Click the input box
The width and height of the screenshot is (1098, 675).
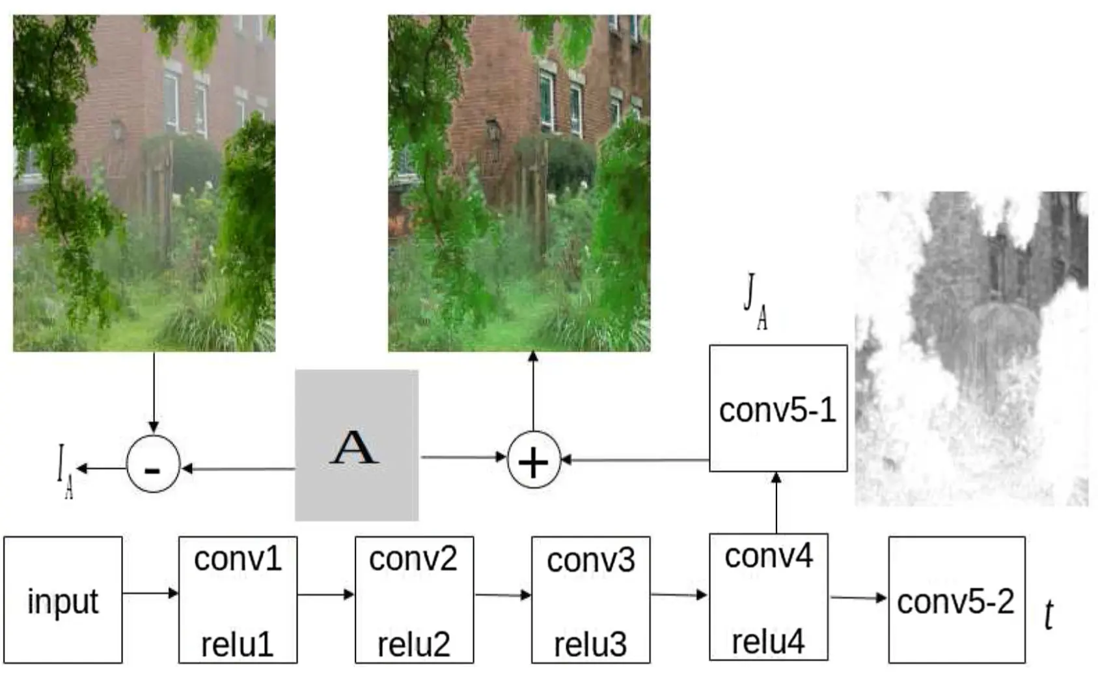coord(62,599)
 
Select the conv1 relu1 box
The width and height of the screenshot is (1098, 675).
coord(238,599)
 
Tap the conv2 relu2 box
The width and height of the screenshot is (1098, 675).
coord(414,599)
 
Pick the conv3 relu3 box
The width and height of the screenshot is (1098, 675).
coord(590,599)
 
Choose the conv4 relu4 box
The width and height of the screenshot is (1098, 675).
coord(768,597)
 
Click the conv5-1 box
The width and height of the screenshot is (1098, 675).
coord(778,408)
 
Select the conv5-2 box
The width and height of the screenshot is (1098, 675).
coord(956,599)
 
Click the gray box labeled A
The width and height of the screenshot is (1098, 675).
coord(356,445)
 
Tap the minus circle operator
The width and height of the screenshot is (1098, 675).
coord(153,464)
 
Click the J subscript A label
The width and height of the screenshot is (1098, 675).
coord(755,301)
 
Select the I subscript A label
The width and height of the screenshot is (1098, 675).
coord(64,471)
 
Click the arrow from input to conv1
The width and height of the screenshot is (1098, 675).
coord(150,593)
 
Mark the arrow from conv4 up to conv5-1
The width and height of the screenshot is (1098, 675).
coord(776,503)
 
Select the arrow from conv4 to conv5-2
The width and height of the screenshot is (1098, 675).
coord(858,598)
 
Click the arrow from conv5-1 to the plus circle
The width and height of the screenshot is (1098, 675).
coord(635,460)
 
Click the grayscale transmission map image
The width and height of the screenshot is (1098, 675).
coord(971,348)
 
